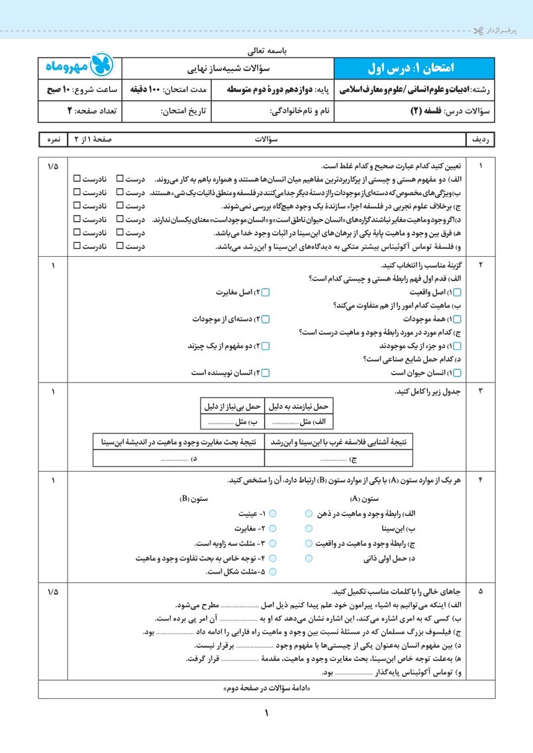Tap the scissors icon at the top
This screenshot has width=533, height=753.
pyautogui.click(x=479, y=31)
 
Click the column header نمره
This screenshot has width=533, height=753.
pyautogui.click(x=53, y=140)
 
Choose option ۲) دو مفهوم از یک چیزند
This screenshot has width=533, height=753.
pyautogui.click(x=266, y=346)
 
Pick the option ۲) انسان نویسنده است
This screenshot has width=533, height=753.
pyautogui.click(x=266, y=373)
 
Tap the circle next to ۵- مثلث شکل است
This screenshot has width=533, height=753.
pyautogui.click(x=273, y=572)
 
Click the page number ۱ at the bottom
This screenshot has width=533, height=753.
pyautogui.click(x=267, y=714)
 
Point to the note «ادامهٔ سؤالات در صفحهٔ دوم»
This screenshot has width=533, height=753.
pyautogui.click(x=267, y=689)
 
